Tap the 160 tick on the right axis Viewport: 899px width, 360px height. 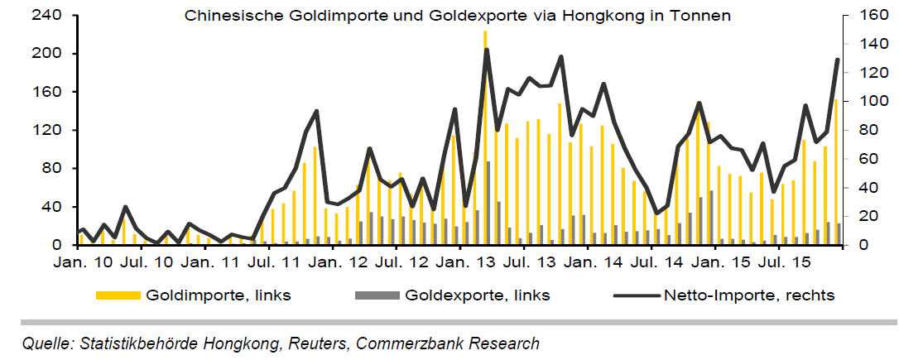862,15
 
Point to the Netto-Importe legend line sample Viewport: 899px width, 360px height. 632,295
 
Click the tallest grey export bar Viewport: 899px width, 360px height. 488,203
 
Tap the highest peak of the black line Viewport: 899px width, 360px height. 486,50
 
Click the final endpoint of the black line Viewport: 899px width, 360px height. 838,60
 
